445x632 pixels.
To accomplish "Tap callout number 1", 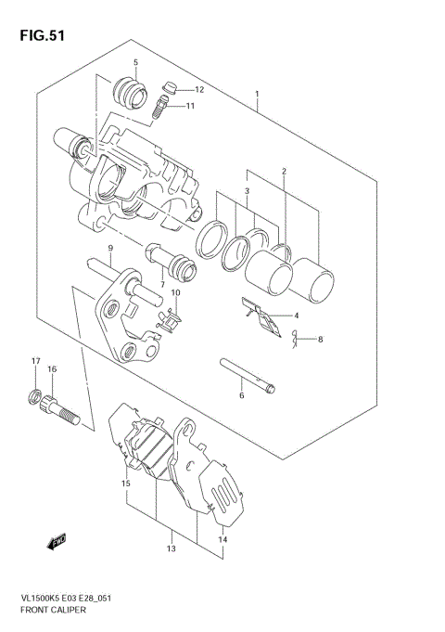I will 258,94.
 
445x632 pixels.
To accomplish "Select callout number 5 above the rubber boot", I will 135,63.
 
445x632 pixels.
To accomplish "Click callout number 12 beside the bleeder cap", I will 198,89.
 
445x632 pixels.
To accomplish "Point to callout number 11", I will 190,107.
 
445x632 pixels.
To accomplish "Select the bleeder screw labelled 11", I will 159,111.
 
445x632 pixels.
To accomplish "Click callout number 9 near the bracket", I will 109,248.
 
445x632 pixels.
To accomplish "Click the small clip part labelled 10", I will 169,319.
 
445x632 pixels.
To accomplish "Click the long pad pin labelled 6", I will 248,375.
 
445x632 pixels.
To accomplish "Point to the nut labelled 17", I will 34,400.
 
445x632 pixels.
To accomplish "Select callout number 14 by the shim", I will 222,539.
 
